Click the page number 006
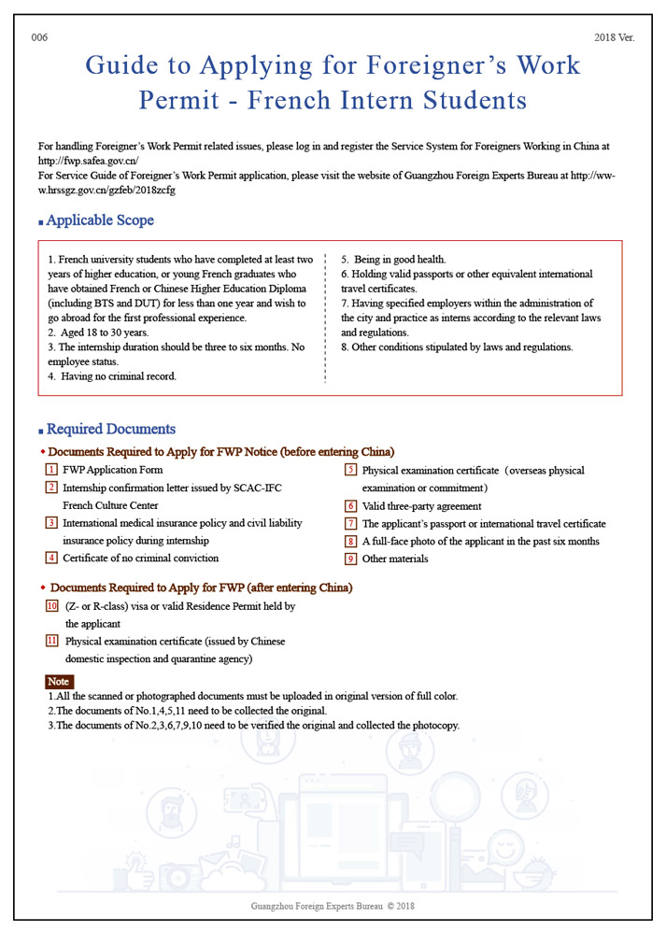tap(38, 37)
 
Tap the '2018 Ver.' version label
tap(614, 37)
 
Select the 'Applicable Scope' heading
tap(100, 221)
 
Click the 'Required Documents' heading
tap(110, 430)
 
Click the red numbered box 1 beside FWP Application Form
tap(51, 470)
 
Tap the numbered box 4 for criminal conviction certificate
tap(51, 558)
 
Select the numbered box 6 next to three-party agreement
tap(351, 506)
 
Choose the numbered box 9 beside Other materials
tap(351, 559)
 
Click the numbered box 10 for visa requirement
tap(52, 606)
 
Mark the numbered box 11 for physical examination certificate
tap(52, 641)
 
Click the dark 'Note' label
tap(58, 682)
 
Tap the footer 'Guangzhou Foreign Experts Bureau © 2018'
tap(333, 906)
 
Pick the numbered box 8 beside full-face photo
tap(351, 542)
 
